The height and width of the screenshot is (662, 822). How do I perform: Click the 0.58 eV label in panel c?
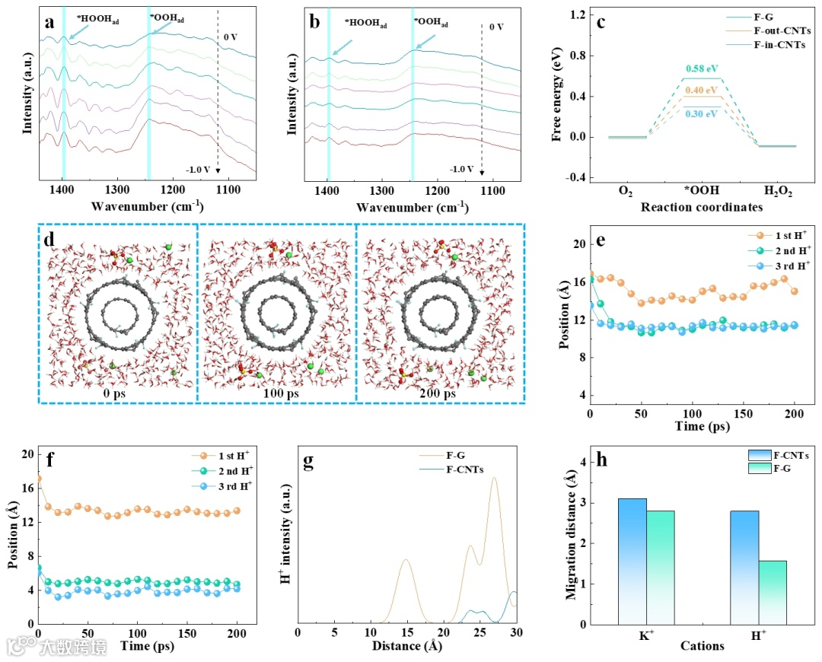pos(702,69)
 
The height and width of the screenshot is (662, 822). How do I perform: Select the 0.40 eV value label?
pos(702,91)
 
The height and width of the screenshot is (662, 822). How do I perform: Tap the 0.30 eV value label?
pos(702,114)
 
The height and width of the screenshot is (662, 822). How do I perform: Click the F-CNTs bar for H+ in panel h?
pos(744,567)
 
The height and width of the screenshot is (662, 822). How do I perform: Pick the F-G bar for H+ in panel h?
pos(773,592)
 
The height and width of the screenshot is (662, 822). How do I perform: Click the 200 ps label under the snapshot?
pos(439,393)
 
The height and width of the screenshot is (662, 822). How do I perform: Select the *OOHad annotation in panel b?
pos(431,24)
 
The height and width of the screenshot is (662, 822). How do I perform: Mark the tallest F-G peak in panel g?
pos(494,479)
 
